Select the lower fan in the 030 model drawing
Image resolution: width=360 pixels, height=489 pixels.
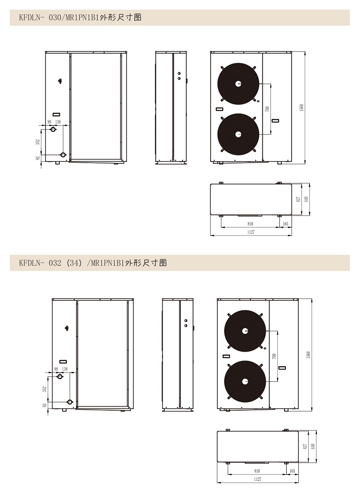238,134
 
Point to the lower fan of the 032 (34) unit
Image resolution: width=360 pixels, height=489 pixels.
245,381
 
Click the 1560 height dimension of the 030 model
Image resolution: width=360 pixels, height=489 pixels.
301,108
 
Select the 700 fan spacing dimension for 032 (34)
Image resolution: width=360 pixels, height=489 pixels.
274,356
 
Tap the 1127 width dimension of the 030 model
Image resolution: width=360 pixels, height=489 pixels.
251,232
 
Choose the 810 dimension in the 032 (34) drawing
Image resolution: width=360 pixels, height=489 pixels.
257,471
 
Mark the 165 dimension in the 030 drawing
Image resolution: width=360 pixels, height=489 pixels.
285,223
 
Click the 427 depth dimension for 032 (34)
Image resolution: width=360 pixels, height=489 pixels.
305,446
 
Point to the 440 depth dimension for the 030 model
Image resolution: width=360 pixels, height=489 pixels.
306,199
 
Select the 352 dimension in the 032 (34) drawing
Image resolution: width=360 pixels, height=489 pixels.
45,389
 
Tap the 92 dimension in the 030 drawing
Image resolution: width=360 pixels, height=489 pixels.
38,158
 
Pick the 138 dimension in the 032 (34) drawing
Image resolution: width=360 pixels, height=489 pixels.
65,369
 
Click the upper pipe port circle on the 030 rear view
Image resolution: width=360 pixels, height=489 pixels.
54,129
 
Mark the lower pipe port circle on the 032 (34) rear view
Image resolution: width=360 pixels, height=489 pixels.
70,402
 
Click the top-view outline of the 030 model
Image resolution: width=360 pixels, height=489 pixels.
251,199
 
